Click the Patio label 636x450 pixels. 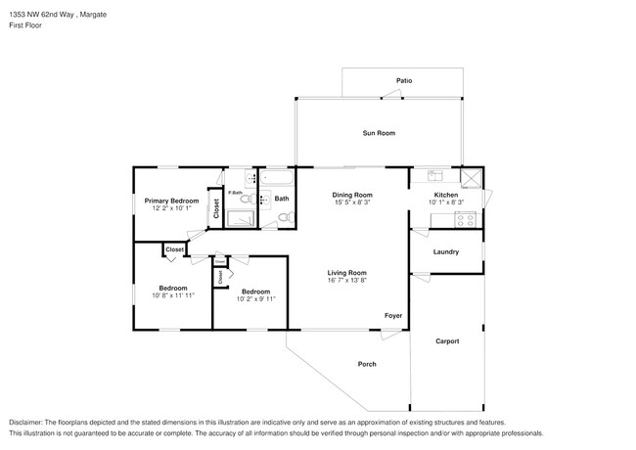pos(403,80)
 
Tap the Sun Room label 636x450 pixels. pos(379,132)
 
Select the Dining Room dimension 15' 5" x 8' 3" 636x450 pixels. pos(352,203)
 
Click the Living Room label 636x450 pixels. pos(346,272)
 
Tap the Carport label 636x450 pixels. pos(446,340)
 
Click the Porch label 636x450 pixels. pos(367,364)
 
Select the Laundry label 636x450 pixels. pos(446,251)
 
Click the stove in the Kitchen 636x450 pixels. pos(467,219)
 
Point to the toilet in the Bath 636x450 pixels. pos(265,200)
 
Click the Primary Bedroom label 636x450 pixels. pos(171,201)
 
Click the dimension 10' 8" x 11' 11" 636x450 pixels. pos(173,294)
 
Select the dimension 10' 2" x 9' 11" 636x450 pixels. pos(255,297)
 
